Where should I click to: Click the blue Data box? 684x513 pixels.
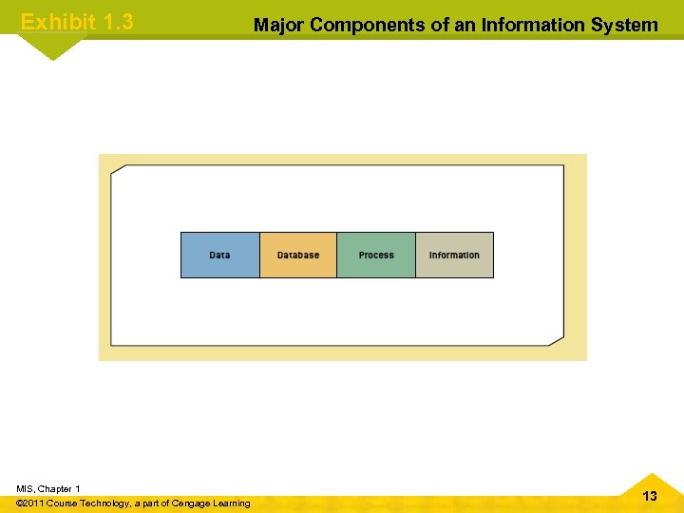click(219, 255)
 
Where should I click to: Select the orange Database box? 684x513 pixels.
click(298, 255)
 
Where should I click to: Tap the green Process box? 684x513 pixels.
click(376, 255)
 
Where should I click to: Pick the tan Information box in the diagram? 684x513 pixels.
click(454, 255)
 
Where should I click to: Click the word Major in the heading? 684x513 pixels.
click(279, 25)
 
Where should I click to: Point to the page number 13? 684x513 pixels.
click(650, 496)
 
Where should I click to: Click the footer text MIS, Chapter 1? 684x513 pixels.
click(48, 488)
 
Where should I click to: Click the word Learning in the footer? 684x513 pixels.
click(231, 503)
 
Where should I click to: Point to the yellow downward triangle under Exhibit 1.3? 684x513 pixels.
click(53, 47)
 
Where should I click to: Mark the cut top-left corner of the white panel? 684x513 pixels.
click(117, 171)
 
